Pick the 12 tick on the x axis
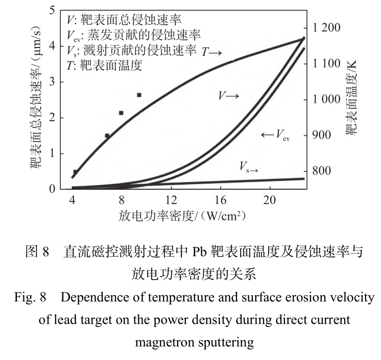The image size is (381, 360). tap(171, 200)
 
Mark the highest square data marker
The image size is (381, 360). tap(138, 95)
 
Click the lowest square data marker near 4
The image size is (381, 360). tap(76, 172)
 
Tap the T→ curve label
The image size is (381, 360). tap(212, 53)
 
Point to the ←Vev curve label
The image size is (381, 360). tap(275, 135)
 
